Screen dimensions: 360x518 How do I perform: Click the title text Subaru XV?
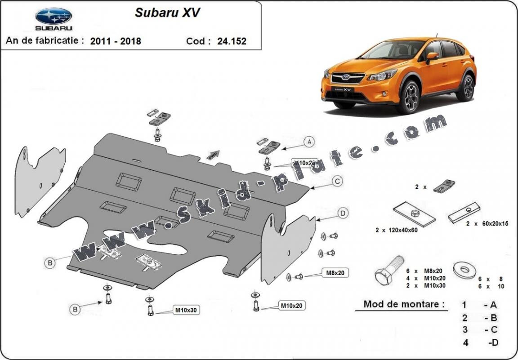coord(167,13)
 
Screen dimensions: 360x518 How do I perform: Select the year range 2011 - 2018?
coord(116,41)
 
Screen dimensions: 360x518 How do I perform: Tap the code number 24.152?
coord(232,41)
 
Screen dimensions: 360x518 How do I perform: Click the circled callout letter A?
coord(309,142)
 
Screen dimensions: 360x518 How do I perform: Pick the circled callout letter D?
coord(343,213)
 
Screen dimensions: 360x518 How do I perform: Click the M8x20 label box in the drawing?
coord(335,272)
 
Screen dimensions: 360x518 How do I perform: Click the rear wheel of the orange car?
coord(466,88)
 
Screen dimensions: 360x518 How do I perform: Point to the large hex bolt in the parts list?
coord(389,270)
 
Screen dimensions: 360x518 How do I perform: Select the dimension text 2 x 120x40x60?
coord(397,230)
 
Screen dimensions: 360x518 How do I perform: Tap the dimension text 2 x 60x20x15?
coord(487,223)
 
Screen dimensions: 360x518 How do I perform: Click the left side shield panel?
coord(40,180)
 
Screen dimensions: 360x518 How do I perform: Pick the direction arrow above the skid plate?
coord(213,155)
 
